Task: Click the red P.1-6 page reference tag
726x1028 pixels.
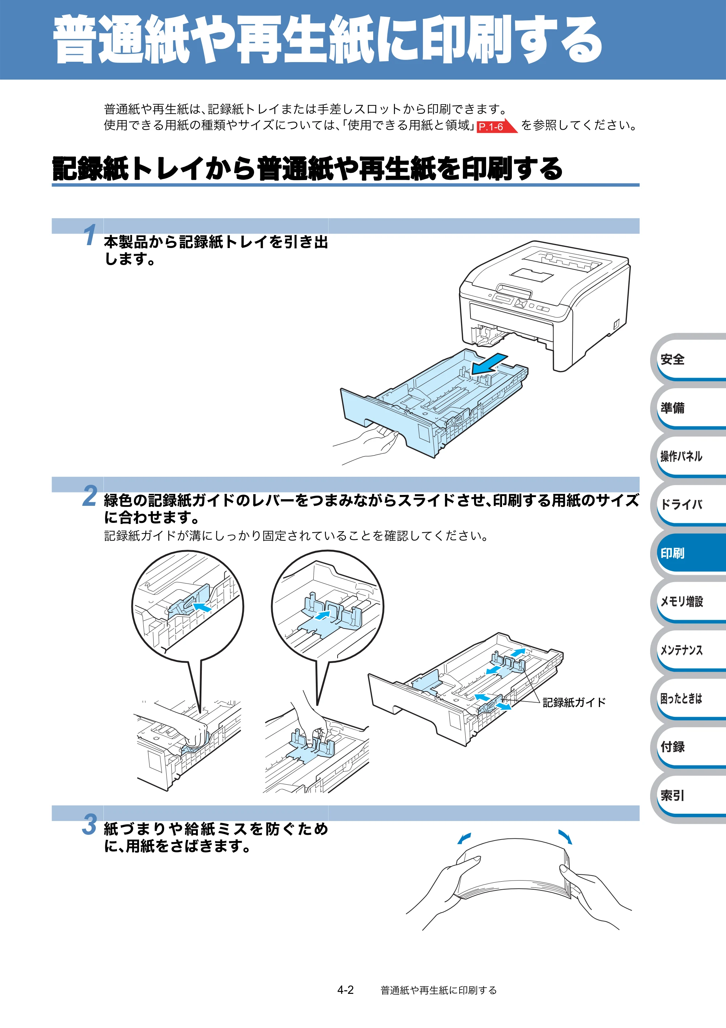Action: coord(496,127)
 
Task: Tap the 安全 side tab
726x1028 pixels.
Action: coord(689,359)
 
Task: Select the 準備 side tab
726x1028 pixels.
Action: coord(689,407)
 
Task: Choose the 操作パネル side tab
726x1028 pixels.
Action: coord(689,456)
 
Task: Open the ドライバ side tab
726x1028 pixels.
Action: coord(689,505)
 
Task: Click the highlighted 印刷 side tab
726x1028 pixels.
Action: coord(689,553)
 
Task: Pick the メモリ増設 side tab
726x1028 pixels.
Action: coord(689,601)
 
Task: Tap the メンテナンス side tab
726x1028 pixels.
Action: coord(689,650)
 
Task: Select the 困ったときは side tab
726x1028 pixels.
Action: coord(689,698)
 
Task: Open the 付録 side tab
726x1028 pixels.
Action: coord(689,746)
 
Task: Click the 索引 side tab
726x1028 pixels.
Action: coord(689,795)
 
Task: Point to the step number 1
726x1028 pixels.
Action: coord(90,235)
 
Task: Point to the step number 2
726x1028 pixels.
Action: coord(90,496)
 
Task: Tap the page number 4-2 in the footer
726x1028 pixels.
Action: coord(346,990)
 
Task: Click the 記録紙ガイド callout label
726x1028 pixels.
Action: coord(574,702)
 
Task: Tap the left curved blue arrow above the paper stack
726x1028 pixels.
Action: coord(464,838)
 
